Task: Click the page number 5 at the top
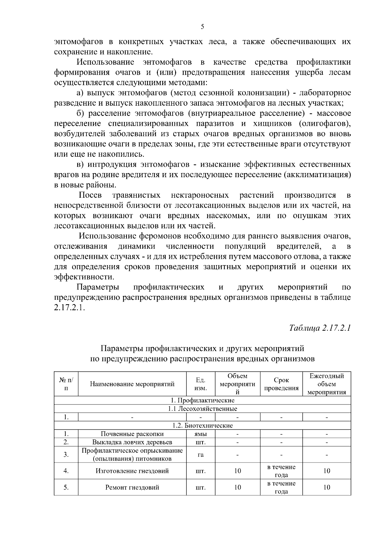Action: point(203,27)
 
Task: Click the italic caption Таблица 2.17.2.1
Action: point(320,328)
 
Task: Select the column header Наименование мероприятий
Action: point(132,384)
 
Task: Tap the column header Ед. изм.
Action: point(201,384)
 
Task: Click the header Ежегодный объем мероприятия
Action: point(327,384)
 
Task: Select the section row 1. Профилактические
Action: point(203,400)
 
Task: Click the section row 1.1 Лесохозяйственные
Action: point(203,409)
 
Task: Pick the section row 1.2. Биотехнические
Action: point(203,425)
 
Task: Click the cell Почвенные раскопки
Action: point(132,434)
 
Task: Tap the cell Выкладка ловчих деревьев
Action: point(132,442)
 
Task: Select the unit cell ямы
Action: point(201,434)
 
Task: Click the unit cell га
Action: point(201,455)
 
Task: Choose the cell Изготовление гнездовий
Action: point(132,471)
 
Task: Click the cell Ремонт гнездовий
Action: point(132,487)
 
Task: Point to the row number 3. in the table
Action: point(66,455)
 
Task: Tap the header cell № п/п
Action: point(66,384)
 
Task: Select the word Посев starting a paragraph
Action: point(90,195)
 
